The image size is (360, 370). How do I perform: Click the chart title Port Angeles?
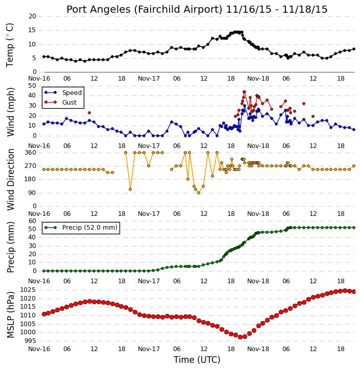tap(98, 10)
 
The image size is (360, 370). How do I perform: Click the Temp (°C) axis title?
tap(10, 45)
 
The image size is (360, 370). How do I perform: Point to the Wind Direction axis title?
tap(11, 180)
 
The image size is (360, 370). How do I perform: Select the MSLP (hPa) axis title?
tap(11, 315)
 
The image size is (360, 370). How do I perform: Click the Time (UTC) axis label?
tap(197, 360)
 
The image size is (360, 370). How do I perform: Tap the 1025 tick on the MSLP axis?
tap(28, 290)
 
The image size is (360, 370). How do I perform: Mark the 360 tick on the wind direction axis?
tap(31, 153)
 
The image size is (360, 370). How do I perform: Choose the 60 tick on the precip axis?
tap(32, 221)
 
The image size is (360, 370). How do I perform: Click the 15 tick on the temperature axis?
tap(32, 31)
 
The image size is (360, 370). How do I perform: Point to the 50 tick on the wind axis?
tap(32, 86)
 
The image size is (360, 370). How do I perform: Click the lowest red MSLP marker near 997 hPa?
tap(241, 337)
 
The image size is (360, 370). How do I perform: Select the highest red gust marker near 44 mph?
tap(244, 92)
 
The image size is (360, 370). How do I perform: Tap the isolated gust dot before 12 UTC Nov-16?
tap(89, 113)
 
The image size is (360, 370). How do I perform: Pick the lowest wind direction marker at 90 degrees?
tap(199, 193)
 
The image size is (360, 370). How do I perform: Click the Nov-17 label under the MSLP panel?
tap(149, 349)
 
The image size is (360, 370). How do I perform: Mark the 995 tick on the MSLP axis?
tap(30, 341)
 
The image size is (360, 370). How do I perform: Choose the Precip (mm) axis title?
tap(11, 248)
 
